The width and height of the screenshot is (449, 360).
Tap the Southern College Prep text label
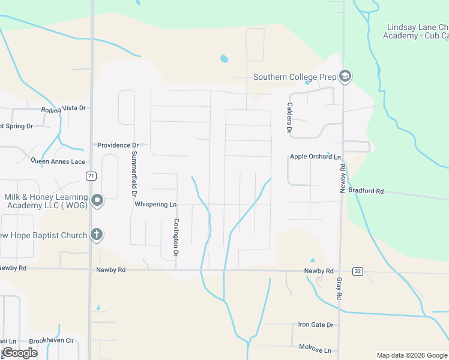(294, 77)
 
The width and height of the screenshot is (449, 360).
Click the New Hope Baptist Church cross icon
(97, 235)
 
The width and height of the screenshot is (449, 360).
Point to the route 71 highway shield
(91, 176)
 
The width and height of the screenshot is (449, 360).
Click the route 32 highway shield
(358, 271)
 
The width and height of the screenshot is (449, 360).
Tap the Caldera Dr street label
(289, 118)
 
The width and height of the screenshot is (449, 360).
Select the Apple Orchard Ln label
(315, 157)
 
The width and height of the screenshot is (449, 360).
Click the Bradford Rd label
(366, 191)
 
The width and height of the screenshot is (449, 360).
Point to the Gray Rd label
(339, 289)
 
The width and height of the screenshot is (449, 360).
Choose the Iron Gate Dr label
(315, 325)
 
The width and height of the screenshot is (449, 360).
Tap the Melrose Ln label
(315, 349)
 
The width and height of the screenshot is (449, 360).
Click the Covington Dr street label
(176, 237)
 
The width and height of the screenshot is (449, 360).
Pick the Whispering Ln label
(155, 205)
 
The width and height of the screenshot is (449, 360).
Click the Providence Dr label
(118, 145)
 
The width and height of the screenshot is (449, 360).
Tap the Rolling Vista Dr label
(64, 109)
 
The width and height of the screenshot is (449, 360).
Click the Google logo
(20, 353)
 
